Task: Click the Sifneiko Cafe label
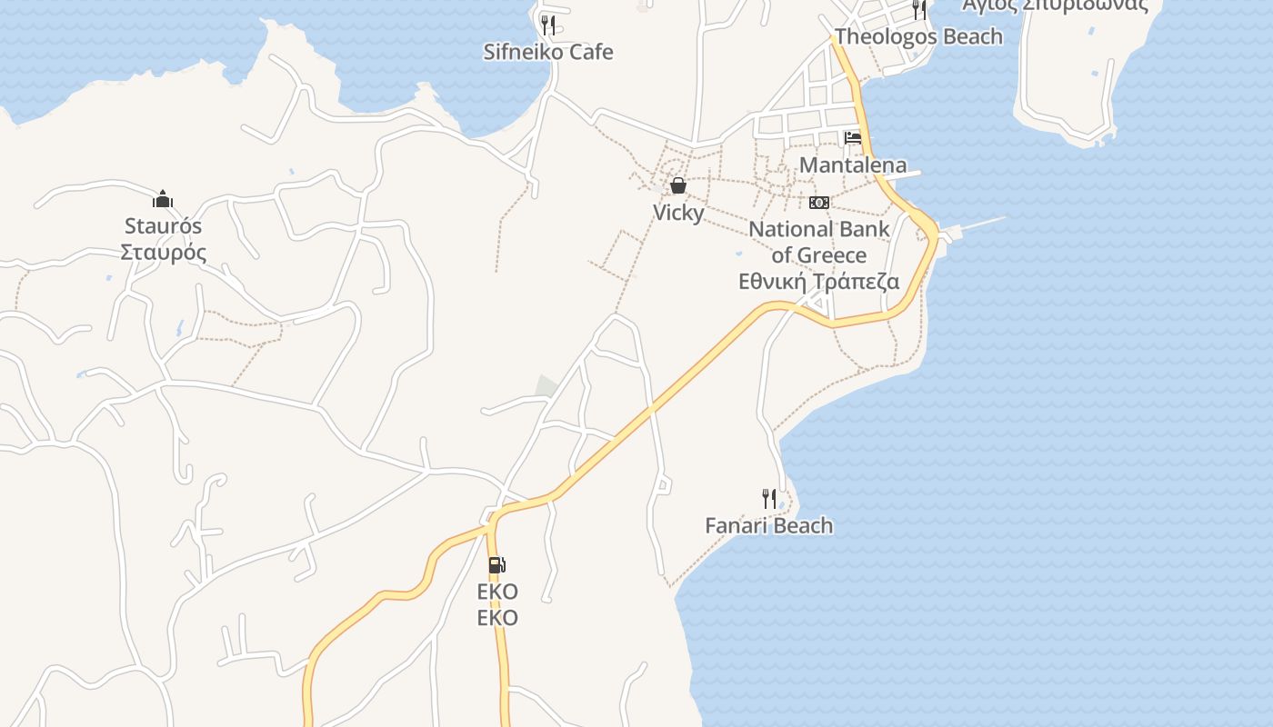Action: coord(547,52)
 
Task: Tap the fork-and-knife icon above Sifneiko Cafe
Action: coord(547,24)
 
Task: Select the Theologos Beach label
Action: coord(918,36)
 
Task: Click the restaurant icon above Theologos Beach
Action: coord(919,10)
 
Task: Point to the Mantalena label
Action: coord(853,164)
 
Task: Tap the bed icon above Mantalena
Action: coord(853,138)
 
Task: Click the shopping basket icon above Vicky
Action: coord(678,186)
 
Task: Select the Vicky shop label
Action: coord(678,213)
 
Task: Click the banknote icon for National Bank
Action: coord(819,203)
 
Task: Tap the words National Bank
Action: coord(819,228)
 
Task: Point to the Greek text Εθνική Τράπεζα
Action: coord(819,281)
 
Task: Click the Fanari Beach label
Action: coord(769,525)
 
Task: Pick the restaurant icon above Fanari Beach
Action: coord(769,498)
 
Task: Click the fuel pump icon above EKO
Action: coord(496,565)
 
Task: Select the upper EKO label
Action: coord(497,592)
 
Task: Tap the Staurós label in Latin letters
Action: coord(164,225)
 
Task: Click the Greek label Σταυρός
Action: coord(164,252)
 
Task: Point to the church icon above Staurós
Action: coord(164,199)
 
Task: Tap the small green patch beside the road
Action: coord(546,386)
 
